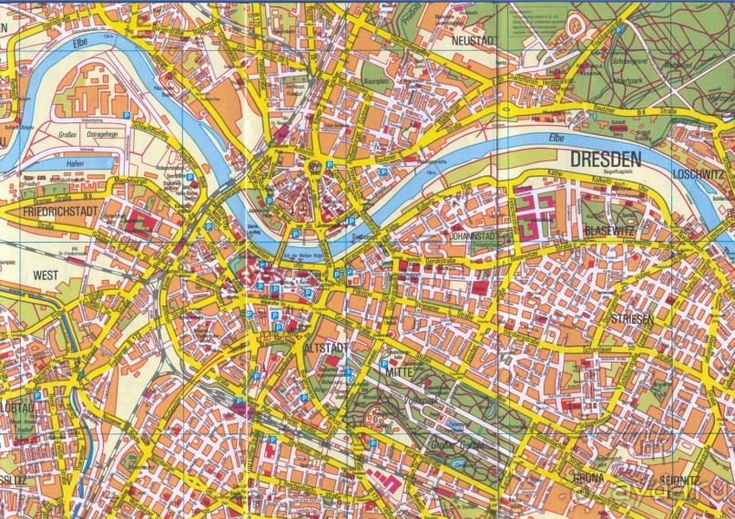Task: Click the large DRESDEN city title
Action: click(x=606, y=159)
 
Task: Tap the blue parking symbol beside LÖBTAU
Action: click(x=40, y=394)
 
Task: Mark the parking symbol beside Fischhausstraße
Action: click(x=618, y=31)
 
